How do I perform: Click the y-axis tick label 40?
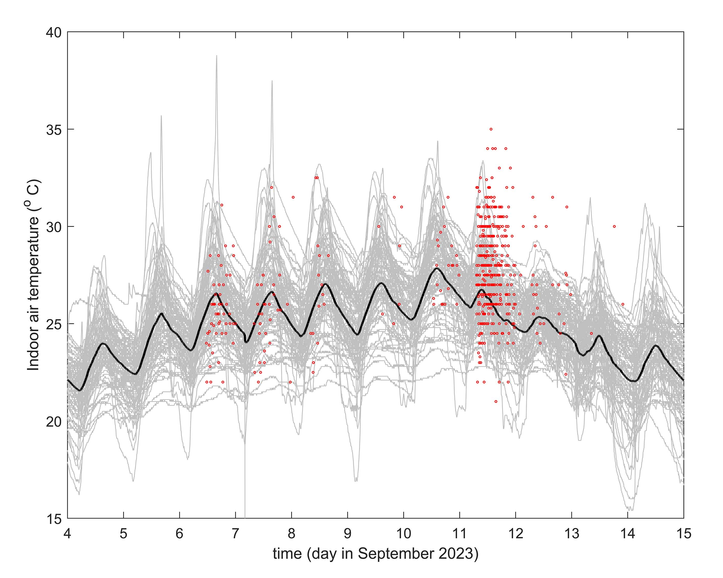[x=54, y=32]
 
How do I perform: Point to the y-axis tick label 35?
[x=54, y=129]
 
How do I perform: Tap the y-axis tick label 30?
[x=54, y=227]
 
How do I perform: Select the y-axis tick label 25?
[x=54, y=324]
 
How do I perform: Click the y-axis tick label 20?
[x=54, y=421]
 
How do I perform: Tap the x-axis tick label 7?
[x=235, y=533]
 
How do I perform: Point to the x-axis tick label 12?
[x=515, y=533]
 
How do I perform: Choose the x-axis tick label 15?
[x=683, y=533]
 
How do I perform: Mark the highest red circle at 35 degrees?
[x=491, y=129]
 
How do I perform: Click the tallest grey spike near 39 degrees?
[x=217, y=56]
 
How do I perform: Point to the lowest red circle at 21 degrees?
[x=496, y=401]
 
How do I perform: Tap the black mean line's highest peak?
[x=437, y=268]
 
